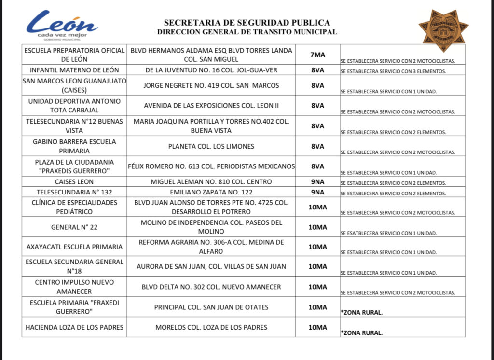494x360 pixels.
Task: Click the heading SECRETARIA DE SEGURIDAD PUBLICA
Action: pos(247,22)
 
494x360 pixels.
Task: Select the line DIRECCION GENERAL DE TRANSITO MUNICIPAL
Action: pos(247,32)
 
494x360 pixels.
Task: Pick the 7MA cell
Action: pos(317,55)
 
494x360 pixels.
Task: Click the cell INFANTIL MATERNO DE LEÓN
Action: pos(74,70)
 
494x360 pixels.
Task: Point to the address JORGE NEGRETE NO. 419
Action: pos(211,85)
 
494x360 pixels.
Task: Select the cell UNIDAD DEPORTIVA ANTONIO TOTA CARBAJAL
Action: pos(74,106)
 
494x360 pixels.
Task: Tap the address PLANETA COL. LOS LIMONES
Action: pos(211,146)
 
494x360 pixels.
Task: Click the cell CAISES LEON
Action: pos(74,182)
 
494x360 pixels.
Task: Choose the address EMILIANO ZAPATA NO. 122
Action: pos(211,192)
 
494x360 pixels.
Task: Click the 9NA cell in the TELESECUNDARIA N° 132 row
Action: pos(317,192)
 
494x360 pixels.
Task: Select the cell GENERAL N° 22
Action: pos(74,227)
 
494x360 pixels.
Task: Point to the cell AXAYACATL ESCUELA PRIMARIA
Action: pos(74,247)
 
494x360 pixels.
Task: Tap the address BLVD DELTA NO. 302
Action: pos(211,287)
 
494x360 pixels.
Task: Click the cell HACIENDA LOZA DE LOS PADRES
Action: pos(74,327)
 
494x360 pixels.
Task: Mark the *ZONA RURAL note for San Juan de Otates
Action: pos(362,312)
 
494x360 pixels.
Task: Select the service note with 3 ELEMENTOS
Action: pos(393,71)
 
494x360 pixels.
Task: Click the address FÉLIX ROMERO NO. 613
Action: pos(211,166)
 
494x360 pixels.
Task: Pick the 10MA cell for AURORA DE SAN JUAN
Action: pos(317,266)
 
